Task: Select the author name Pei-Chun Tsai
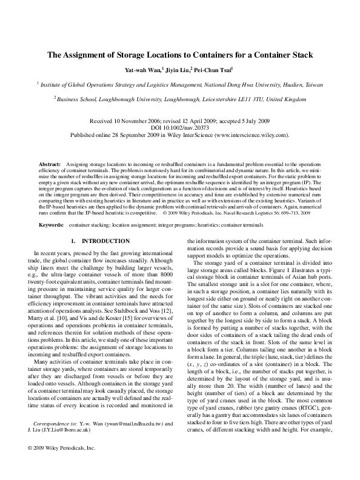[217, 70]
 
